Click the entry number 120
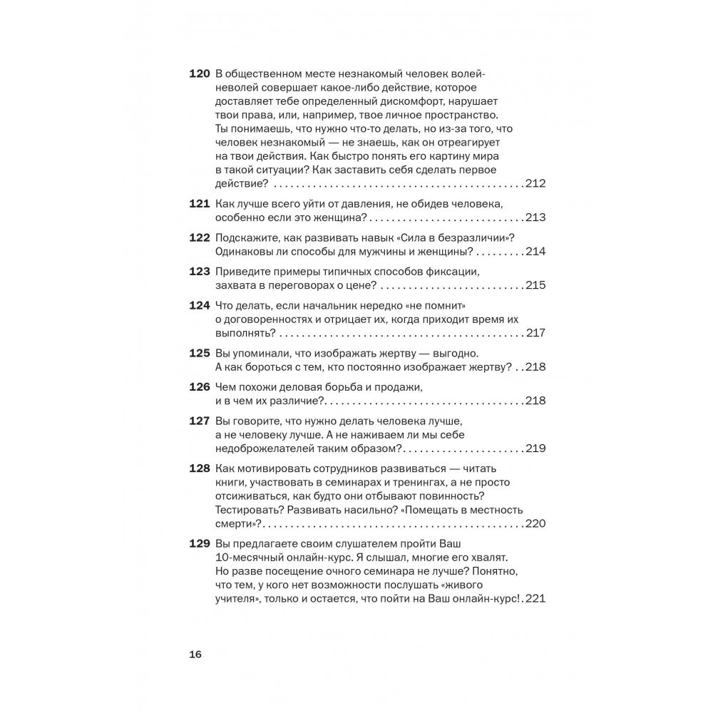199,74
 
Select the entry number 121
199,204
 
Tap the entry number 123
199,272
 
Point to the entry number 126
199,387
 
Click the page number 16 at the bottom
195,655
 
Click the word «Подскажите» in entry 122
247,238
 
